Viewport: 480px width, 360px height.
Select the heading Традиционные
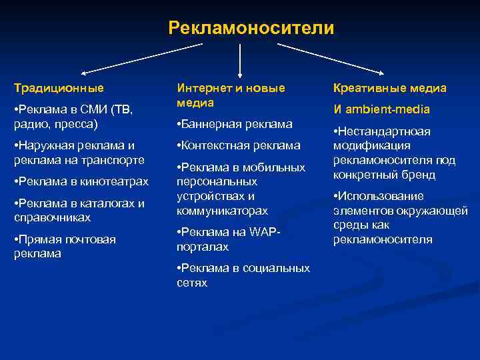pos(59,88)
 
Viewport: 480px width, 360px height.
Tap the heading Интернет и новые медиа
pos(230,95)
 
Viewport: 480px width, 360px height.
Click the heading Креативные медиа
pos(390,88)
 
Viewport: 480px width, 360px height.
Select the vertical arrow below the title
pos(239,60)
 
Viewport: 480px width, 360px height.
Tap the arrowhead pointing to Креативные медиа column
pos(381,71)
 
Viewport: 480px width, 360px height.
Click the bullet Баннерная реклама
pos(234,124)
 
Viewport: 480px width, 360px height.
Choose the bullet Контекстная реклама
pos(238,145)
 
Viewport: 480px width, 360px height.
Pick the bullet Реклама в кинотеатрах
pos(81,182)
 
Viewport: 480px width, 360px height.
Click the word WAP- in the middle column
pos(266,232)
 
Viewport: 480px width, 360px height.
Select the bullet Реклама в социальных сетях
pos(243,275)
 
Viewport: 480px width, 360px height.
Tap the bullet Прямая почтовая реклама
pos(65,246)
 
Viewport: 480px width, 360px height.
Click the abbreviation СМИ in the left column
pos(95,109)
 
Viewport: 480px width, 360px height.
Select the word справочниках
pos(52,218)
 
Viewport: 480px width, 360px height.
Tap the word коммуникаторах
pos(222,211)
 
